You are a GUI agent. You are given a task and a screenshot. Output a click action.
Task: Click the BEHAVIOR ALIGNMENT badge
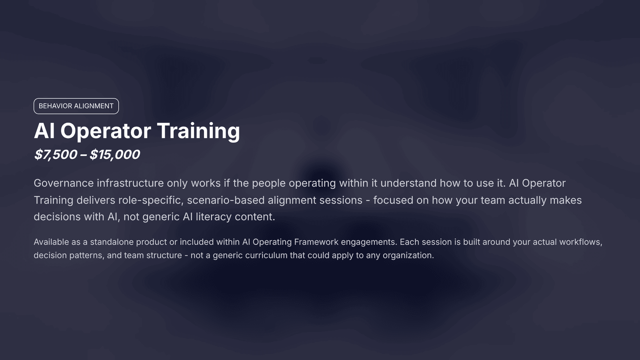tap(76, 106)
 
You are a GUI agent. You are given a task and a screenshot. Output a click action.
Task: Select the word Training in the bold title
tap(198, 131)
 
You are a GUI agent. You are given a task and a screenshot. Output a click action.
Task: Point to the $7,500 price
tap(56, 154)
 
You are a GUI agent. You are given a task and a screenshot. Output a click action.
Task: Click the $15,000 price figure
tap(115, 154)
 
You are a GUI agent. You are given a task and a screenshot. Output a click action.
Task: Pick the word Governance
tap(64, 183)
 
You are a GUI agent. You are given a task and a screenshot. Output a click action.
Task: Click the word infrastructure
tap(130, 183)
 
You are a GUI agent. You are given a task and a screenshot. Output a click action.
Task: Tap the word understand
tap(408, 183)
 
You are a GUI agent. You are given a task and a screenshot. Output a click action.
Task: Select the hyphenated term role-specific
tap(151, 200)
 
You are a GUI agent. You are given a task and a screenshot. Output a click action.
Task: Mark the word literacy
tap(214, 217)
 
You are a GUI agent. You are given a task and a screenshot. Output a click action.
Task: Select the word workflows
tap(580, 242)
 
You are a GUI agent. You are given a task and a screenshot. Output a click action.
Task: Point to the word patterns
tap(87, 256)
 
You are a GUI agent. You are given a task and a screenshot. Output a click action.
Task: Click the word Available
tap(52, 242)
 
